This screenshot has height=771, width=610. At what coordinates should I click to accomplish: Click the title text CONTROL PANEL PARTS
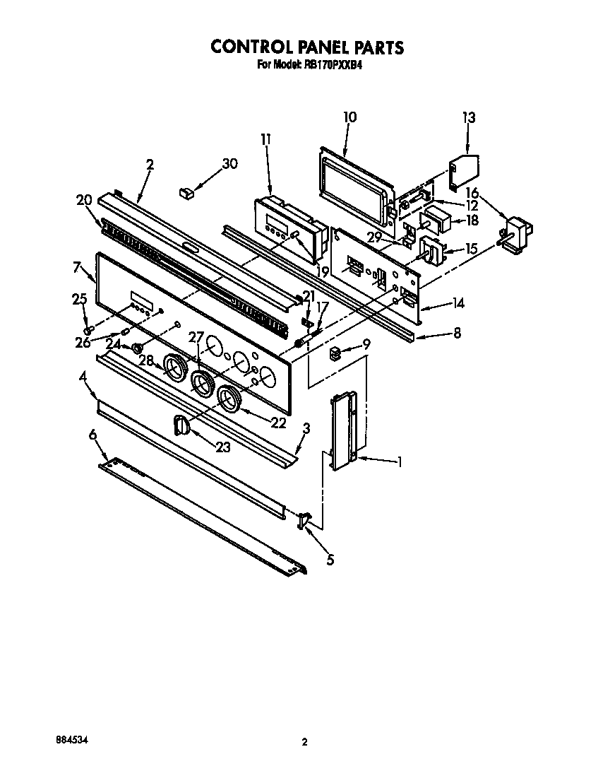click(307, 47)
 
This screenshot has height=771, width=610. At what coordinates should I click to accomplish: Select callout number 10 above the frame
click(349, 117)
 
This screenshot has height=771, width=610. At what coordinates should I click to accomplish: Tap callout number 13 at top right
click(469, 117)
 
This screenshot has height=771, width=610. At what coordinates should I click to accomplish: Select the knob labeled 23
click(181, 427)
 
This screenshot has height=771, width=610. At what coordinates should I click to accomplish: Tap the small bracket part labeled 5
click(304, 521)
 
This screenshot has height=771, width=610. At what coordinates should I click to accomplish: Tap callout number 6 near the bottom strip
click(92, 436)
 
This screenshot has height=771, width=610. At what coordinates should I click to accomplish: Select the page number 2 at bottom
click(304, 742)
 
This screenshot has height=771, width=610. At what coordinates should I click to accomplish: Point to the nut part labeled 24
click(138, 347)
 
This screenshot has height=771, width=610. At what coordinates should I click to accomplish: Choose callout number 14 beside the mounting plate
click(458, 303)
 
